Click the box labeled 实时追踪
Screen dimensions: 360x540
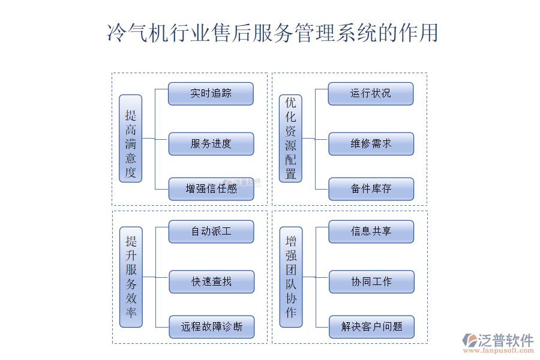211,94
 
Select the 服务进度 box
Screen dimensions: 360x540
211,144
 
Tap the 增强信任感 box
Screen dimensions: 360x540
211,189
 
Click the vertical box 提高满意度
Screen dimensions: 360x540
130,138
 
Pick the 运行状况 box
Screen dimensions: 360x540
371,94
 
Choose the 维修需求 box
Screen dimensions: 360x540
371,144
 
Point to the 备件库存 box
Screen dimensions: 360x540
371,189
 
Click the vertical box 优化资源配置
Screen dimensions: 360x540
291,138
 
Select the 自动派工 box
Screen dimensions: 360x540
211,232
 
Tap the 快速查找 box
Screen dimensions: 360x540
211,281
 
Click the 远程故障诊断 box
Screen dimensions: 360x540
211,327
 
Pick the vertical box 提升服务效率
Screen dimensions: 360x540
130,277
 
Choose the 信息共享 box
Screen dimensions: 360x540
371,232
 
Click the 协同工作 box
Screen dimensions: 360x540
371,281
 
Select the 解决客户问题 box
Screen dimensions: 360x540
371,327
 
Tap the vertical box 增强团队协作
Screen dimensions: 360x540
291,277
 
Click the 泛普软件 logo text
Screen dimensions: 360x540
505,340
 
